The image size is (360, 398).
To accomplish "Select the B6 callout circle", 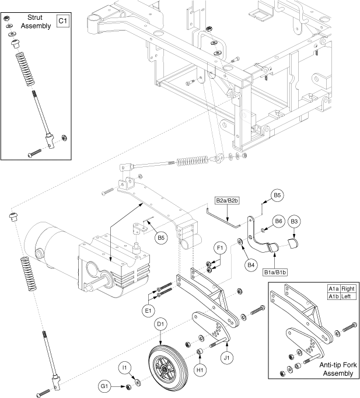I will coord(278,221).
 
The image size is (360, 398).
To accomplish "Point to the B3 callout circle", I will coord(295,221).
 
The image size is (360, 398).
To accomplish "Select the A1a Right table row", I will coord(341,288).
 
